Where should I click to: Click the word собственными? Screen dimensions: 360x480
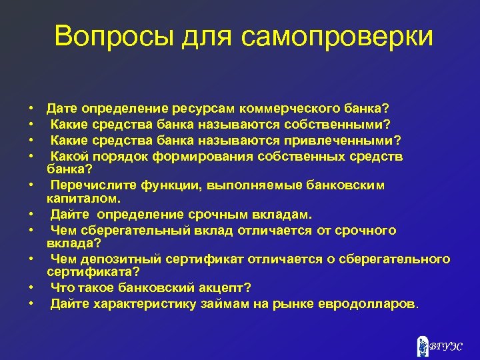point(331,123)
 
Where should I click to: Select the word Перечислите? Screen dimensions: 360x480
point(93,185)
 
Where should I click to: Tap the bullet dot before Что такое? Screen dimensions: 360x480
point(31,288)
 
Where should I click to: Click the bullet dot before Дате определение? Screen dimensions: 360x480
point(31,108)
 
